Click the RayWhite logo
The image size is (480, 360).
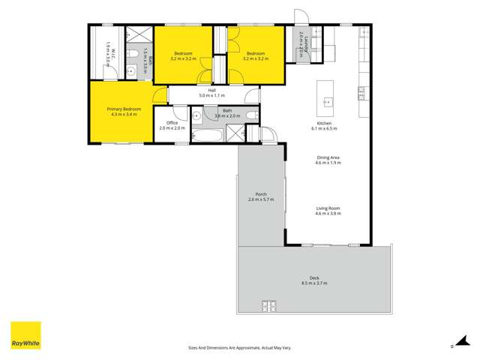pyautogui.click(x=25, y=336)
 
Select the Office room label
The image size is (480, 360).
pyautogui.click(x=172, y=123)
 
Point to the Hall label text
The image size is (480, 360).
pyautogui.click(x=212, y=91)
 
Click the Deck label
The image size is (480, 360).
pyautogui.click(x=314, y=277)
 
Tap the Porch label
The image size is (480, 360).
pyautogui.click(x=262, y=195)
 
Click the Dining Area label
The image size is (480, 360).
pyautogui.click(x=328, y=157)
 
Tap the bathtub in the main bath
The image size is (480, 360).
pyautogui.click(x=206, y=135)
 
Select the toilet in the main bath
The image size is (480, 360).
pyautogui.click(x=251, y=115)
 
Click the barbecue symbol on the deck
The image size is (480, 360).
pyautogui.click(x=268, y=305)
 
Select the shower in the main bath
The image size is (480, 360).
pyautogui.click(x=235, y=134)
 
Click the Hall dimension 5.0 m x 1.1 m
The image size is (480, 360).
pyautogui.click(x=212, y=96)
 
